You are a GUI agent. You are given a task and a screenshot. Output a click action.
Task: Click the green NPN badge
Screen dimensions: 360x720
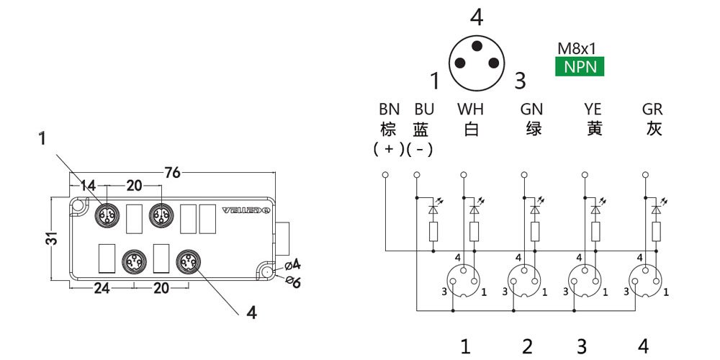tap(580, 67)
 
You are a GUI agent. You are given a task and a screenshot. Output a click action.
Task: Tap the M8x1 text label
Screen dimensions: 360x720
tap(577, 50)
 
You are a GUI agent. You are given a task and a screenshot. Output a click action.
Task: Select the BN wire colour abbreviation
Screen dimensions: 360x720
tap(389, 110)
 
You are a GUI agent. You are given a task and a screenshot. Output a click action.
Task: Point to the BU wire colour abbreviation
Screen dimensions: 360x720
tap(424, 110)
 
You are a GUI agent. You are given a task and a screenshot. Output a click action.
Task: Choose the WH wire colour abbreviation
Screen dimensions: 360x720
tap(471, 110)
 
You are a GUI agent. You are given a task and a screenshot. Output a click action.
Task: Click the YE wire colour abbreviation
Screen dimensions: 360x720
tap(593, 110)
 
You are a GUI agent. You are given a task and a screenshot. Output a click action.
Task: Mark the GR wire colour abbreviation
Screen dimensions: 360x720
tap(653, 110)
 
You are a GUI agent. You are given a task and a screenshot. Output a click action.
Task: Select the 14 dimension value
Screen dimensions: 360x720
tap(88, 186)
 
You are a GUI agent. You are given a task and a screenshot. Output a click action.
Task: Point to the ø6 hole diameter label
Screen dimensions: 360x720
tap(293, 282)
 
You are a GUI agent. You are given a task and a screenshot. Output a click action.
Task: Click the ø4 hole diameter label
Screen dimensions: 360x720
tap(292, 262)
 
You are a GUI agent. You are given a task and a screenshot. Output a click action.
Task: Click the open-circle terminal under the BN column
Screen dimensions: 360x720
tap(385, 175)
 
